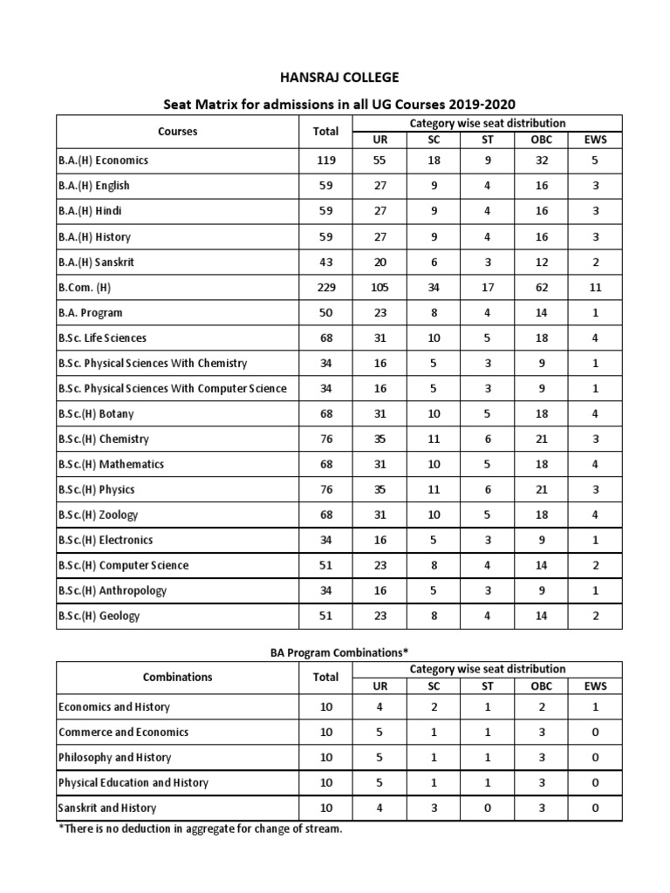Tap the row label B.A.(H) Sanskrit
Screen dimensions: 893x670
point(96,262)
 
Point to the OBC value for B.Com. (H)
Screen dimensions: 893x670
point(541,287)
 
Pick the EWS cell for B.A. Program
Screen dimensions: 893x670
point(595,312)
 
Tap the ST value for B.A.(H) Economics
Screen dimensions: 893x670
point(488,160)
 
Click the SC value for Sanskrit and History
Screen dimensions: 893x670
point(434,808)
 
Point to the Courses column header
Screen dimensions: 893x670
point(177,132)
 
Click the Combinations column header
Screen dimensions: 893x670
point(177,677)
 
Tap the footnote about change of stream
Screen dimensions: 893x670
point(200,828)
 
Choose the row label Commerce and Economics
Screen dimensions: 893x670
point(123,733)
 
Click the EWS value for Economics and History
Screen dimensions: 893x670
point(595,707)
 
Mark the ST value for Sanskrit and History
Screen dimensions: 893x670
point(488,808)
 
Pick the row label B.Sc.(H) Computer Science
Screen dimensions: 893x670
point(123,565)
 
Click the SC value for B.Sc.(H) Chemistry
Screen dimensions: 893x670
point(434,439)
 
